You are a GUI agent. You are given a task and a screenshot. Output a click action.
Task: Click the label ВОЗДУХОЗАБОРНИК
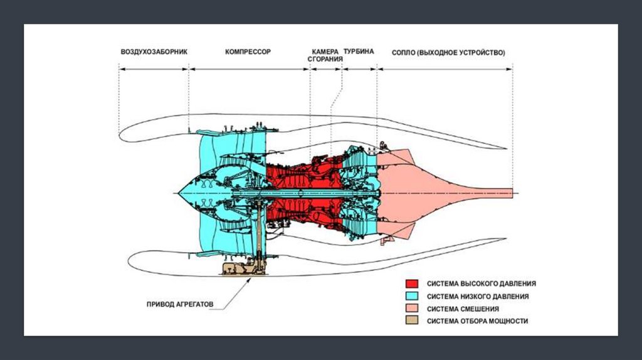point(154,52)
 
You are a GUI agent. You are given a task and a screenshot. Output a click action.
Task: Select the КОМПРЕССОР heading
point(248,52)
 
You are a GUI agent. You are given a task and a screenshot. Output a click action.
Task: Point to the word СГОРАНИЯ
point(325,60)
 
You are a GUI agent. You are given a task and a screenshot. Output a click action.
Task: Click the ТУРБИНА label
point(359,52)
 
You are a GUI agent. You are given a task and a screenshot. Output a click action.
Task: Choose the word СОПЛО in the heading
point(404,52)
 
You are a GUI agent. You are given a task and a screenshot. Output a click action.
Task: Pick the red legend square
point(412,283)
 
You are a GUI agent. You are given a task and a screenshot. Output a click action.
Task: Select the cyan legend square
point(412,296)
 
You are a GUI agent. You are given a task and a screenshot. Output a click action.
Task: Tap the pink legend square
point(412,309)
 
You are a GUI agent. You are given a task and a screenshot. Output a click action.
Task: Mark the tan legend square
point(412,321)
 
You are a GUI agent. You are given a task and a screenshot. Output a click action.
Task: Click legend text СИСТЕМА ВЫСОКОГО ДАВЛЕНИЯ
point(481,283)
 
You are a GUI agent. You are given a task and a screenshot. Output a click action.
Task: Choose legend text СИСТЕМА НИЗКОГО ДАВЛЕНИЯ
point(478,296)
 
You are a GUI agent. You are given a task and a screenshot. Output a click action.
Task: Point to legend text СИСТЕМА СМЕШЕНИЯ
point(463,309)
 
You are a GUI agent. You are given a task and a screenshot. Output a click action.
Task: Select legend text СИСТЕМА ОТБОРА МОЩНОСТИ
point(478,321)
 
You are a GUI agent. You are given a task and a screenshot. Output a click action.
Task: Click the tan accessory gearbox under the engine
point(242,268)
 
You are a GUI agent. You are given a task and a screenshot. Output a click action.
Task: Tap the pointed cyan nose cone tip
point(179,193)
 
